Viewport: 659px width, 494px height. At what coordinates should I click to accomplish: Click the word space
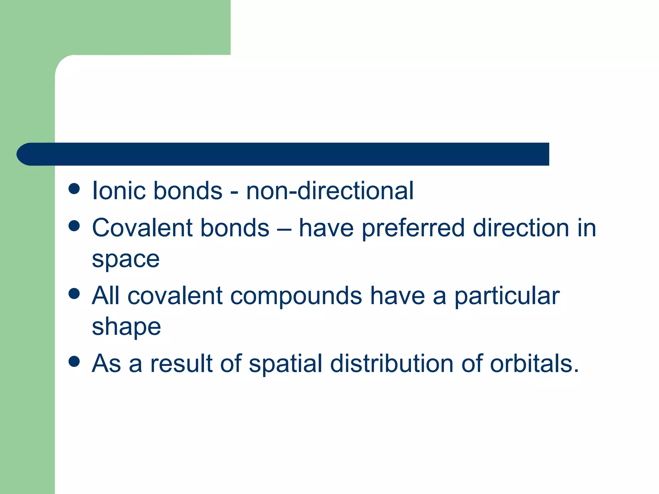(x=125, y=259)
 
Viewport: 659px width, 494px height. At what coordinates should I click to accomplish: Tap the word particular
(x=507, y=296)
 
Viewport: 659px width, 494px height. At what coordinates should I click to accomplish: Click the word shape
(x=126, y=327)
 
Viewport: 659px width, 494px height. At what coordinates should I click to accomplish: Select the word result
(x=181, y=363)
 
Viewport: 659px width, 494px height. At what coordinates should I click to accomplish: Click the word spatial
(x=285, y=364)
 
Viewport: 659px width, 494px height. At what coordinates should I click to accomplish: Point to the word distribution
(x=392, y=363)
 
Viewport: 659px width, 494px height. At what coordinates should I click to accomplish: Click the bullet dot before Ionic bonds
(x=74, y=189)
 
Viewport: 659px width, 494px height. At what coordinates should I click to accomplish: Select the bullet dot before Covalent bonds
(x=74, y=226)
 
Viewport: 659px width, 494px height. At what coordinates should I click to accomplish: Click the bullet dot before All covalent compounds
(x=74, y=294)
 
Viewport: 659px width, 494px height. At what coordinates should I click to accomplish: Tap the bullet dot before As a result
(x=74, y=361)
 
